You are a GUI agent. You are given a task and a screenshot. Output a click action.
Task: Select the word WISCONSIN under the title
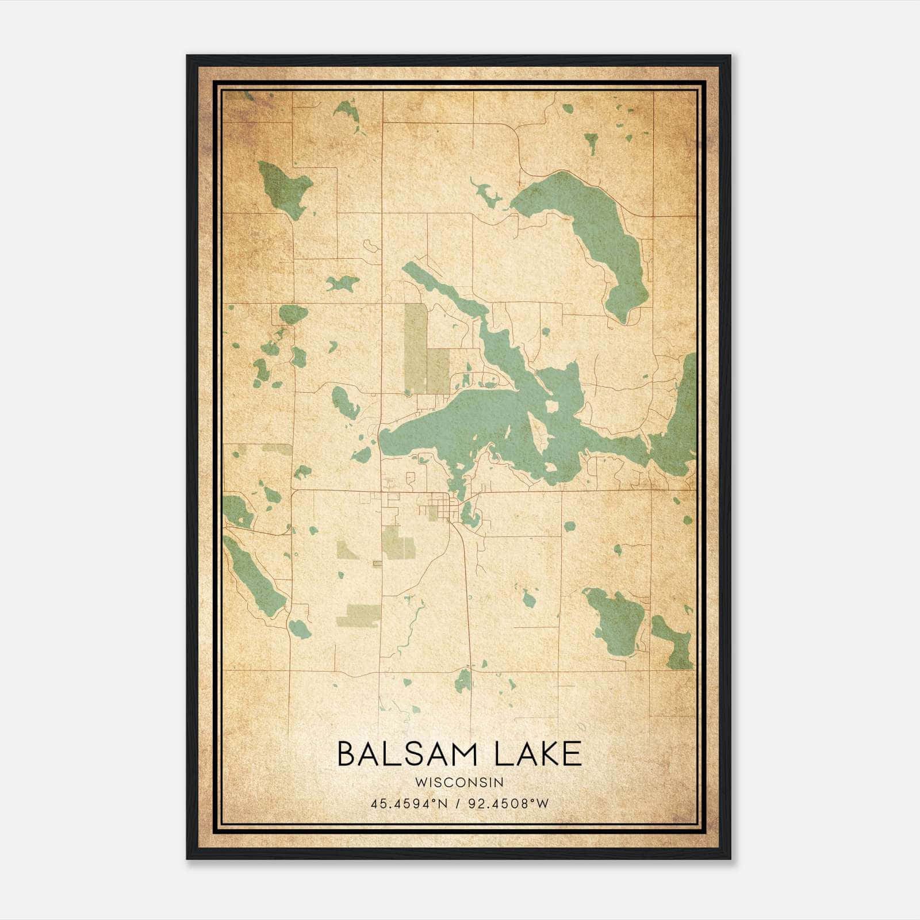pos(459,782)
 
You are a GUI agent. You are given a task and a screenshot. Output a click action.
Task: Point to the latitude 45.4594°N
pos(409,803)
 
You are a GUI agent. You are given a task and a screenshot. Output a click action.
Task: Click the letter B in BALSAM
pos(347,754)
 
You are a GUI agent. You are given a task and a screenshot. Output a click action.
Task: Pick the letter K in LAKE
pos(544,754)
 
